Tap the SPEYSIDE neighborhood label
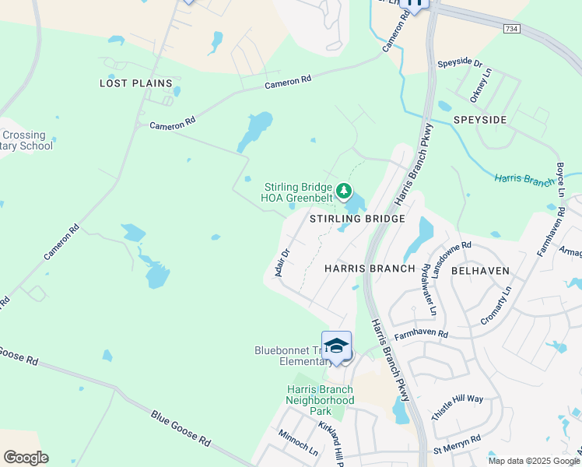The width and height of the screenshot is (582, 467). pyautogui.click(x=480, y=120)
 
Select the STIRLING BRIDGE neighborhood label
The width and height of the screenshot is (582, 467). pyautogui.click(x=358, y=219)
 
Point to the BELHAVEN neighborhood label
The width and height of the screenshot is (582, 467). pyautogui.click(x=481, y=271)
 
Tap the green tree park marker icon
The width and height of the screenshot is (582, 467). pyautogui.click(x=344, y=190)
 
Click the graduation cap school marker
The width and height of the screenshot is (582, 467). pyautogui.click(x=337, y=346)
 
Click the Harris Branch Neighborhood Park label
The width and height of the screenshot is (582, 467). pyautogui.click(x=309, y=400)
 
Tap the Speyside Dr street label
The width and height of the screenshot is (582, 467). pyautogui.click(x=460, y=63)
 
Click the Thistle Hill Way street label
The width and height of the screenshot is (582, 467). pyautogui.click(x=458, y=399)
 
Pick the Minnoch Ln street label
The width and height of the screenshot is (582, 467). pyautogui.click(x=298, y=444)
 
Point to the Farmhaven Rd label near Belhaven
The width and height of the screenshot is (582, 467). pyautogui.click(x=421, y=334)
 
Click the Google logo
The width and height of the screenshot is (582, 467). pyautogui.click(x=26, y=458)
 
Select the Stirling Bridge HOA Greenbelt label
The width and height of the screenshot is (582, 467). pyautogui.click(x=296, y=192)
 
